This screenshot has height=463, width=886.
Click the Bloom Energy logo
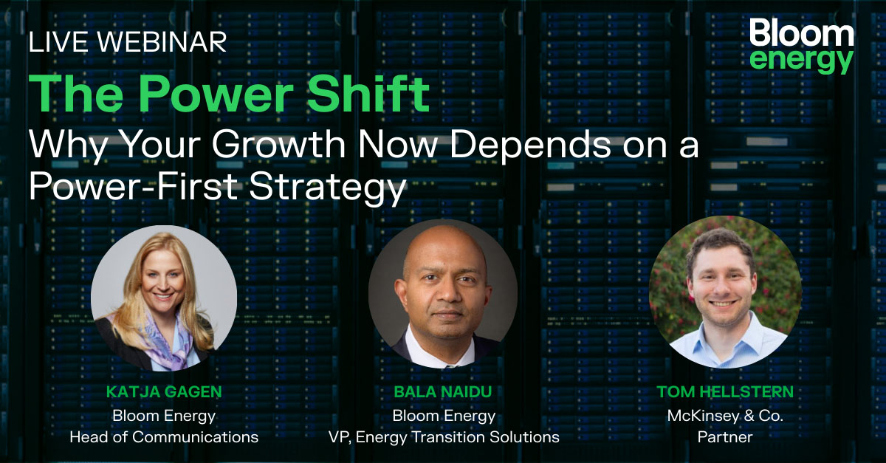click(801, 47)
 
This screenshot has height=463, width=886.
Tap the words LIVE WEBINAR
click(127, 43)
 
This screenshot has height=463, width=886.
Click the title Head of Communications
click(164, 437)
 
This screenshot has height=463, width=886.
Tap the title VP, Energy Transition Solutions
click(443, 437)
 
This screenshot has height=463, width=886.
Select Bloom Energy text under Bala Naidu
click(443, 416)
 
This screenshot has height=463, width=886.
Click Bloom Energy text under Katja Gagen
click(164, 416)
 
